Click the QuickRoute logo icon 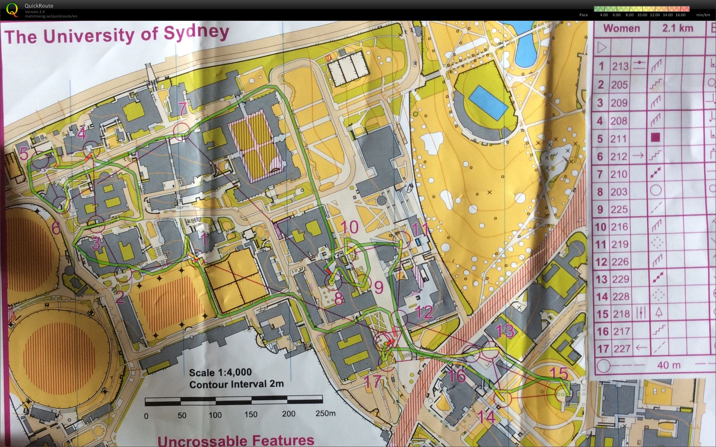pyautogui.click(x=12, y=9)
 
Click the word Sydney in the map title pyautogui.click(x=196, y=33)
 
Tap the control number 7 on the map pyautogui.click(x=182, y=109)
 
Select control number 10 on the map pyautogui.click(x=349, y=227)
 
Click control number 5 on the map pyautogui.click(x=24, y=154)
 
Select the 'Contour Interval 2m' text pyautogui.click(x=236, y=384)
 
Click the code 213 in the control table pyautogui.click(x=620, y=67)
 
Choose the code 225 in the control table pyautogui.click(x=619, y=209)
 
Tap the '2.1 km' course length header pyautogui.click(x=677, y=28)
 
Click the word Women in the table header pyautogui.click(x=621, y=28)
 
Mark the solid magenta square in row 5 pyautogui.click(x=655, y=138)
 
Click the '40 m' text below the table pyautogui.click(x=668, y=365)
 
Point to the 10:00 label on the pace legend pyautogui.click(x=642, y=15)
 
